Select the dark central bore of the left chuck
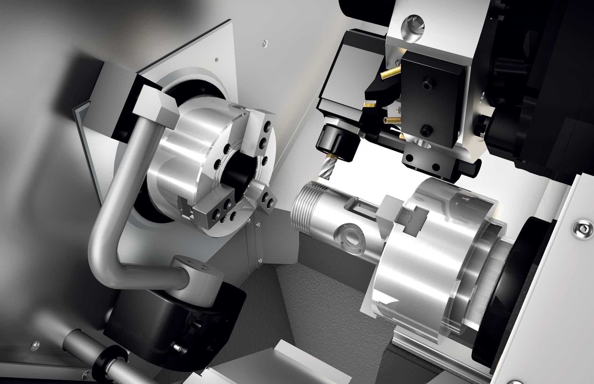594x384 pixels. pos(238,172)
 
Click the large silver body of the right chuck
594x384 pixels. pos(416,279)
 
